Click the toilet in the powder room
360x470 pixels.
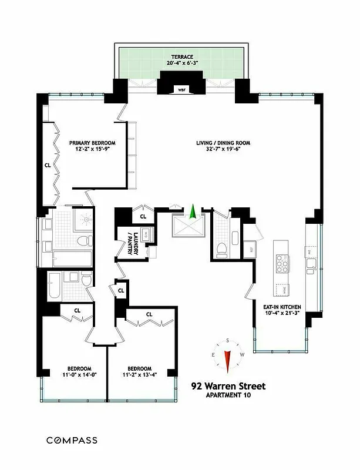tap(221, 250)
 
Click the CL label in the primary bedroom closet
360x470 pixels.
tap(48, 165)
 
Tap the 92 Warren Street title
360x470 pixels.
tap(228, 386)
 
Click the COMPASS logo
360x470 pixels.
tap(72, 440)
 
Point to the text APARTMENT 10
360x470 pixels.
tap(228, 395)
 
